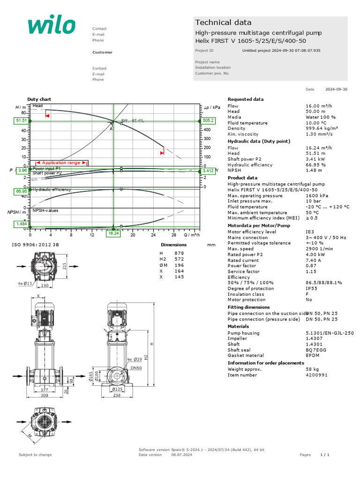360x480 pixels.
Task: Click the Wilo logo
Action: click(51, 25)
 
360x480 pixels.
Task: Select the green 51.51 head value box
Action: click(21, 120)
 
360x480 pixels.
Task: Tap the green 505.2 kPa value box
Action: click(208, 120)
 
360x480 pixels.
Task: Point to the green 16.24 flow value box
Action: click(113, 233)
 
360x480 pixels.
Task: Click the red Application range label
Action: click(61, 163)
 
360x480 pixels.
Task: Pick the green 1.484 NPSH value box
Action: click(21, 225)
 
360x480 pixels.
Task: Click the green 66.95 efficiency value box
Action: click(21, 191)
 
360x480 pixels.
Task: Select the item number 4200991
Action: click(316, 375)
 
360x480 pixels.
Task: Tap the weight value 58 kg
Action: click(312, 369)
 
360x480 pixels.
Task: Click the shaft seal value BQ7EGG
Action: click(315, 350)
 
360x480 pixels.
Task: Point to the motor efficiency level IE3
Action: click(309, 232)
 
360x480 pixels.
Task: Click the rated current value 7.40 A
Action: click(313, 260)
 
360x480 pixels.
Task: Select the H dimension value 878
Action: click(179, 253)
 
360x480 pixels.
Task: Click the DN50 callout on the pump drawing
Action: click(136, 368)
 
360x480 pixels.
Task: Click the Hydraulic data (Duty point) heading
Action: click(259, 141)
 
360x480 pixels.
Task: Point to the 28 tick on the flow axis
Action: click(174, 235)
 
